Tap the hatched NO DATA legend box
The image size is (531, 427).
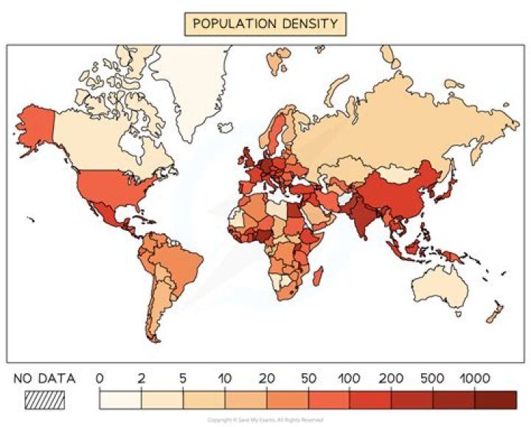[x=44, y=400]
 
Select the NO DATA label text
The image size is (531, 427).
[x=44, y=379]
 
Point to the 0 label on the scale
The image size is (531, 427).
[x=100, y=379]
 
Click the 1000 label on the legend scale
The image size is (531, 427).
[x=476, y=379]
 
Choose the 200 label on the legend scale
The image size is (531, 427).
[x=392, y=379]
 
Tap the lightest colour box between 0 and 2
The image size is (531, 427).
[x=120, y=400]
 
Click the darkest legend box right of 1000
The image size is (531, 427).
[x=496, y=400]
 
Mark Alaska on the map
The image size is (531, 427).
[x=33, y=125]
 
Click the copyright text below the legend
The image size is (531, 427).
[x=265, y=420]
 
